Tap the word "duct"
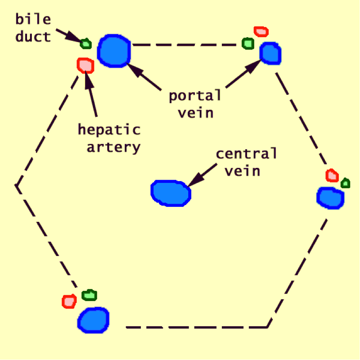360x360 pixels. pyautogui.click(x=33, y=36)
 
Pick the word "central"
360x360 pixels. pyautogui.click(x=246, y=154)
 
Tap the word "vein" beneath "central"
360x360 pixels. pyautogui.click(x=242, y=170)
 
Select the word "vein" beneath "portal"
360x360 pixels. pyautogui.click(x=195, y=112)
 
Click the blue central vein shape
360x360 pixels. pyautogui.click(x=171, y=193)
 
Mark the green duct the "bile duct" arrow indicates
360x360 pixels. pyautogui.click(x=85, y=43)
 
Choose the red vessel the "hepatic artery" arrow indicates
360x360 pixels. pyautogui.click(x=85, y=65)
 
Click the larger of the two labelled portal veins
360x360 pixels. pyautogui.click(x=114, y=51)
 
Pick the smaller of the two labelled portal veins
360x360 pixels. pyautogui.click(x=270, y=53)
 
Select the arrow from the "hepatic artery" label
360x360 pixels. pyautogui.click(x=91, y=93)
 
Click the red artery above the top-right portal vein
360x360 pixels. pyautogui.click(x=261, y=31)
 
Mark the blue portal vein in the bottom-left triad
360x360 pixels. pyautogui.click(x=93, y=320)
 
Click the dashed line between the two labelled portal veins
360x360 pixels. pyautogui.click(x=186, y=44)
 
